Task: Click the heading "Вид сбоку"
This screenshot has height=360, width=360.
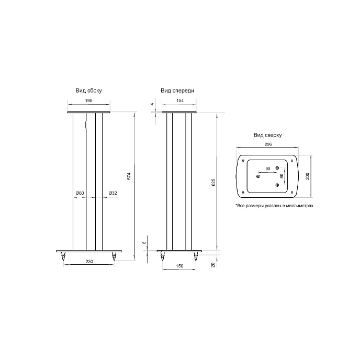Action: point(88,91)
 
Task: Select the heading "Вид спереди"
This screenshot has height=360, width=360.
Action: point(177,91)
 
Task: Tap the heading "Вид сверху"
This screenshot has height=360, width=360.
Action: point(267,135)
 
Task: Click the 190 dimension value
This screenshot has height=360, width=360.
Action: point(88,100)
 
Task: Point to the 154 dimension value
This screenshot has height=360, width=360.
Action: point(180,100)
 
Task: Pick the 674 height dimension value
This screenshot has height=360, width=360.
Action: point(129,176)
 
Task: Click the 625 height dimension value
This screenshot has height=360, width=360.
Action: point(213,182)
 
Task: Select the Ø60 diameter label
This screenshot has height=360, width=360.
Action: point(80,193)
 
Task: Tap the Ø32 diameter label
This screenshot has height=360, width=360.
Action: point(113,193)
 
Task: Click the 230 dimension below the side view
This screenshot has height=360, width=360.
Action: point(89,261)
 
